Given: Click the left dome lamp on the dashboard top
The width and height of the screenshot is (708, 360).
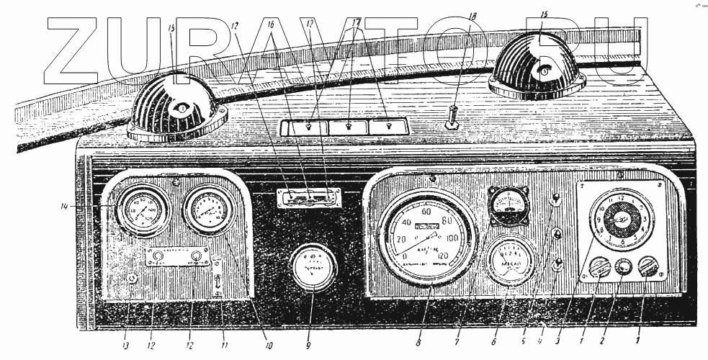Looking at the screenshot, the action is pos(177,108).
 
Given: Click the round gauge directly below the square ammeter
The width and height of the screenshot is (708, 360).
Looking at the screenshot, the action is pos(511,261).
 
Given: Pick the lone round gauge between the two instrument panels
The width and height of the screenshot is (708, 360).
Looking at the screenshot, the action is pos(311,266).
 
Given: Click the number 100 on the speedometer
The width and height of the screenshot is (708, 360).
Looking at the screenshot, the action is pos(452,237).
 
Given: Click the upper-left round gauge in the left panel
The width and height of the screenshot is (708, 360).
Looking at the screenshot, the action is pos(143,210).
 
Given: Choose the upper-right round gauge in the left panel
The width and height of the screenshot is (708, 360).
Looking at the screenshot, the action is pos(210,210).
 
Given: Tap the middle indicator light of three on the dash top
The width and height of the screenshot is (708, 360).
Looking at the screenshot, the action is pos(348,127).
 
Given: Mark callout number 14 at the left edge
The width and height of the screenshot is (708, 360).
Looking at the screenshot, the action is pos(64,207).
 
